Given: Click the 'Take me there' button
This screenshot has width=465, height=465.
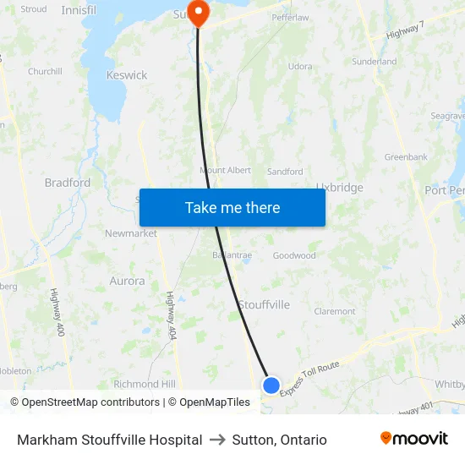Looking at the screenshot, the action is coord(232,207).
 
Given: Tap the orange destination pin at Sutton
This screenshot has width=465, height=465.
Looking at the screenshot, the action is coord(198,13).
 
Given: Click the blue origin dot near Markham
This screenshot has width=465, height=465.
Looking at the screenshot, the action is coord(271,386).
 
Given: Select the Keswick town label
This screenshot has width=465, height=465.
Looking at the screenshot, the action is coord(127,75).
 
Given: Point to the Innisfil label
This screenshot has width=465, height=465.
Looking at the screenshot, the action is coord(79,10).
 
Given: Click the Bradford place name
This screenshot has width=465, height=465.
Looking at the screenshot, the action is coord(68,183).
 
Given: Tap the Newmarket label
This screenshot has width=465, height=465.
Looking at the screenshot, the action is coord(131,233).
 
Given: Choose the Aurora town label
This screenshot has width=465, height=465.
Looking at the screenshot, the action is coord(127,281).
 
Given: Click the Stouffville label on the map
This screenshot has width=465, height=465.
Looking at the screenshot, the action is coord(264,304).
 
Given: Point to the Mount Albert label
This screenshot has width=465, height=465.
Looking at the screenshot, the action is coord(225,171).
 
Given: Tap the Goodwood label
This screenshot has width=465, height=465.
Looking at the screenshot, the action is coord(294,255).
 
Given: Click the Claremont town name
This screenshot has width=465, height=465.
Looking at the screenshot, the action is coord(335,311).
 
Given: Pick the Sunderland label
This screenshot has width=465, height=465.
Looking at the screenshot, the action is coord(375,62).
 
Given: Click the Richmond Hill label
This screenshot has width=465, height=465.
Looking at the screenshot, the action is coord(145,384).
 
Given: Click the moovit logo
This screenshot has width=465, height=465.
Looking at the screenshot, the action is coord(414,439).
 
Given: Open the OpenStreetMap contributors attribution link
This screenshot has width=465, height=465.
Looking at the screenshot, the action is coord(88,402).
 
